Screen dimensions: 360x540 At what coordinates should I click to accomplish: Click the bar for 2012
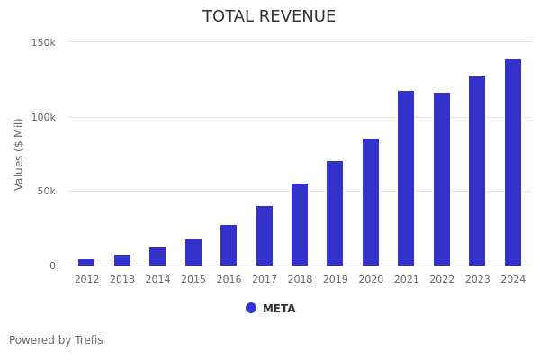tap(86, 262)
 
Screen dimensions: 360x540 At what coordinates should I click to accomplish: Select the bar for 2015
tap(193, 253)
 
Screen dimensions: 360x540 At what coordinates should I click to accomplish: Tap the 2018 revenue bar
tap(300, 225)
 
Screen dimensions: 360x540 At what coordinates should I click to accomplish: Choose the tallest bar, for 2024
tap(513, 163)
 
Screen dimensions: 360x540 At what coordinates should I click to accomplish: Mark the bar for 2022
tap(442, 179)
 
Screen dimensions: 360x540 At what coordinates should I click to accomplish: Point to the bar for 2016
tap(229, 246)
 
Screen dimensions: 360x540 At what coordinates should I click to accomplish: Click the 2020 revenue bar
tap(371, 202)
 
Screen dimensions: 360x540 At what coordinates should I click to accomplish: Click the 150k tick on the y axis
tap(43, 42)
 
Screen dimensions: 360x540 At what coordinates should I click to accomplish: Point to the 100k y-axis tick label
tap(43, 117)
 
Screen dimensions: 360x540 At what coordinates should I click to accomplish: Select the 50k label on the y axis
tap(46, 191)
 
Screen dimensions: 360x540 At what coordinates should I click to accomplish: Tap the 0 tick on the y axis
tap(52, 265)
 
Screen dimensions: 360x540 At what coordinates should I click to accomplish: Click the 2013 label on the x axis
tap(122, 280)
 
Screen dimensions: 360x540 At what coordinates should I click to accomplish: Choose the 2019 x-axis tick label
tap(335, 280)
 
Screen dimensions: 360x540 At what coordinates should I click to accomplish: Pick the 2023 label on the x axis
tap(477, 280)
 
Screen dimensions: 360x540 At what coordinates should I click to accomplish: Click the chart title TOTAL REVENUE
tap(269, 17)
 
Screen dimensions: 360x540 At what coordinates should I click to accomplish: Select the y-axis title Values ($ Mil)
tap(20, 154)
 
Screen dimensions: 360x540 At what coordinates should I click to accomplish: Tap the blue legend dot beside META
tap(251, 308)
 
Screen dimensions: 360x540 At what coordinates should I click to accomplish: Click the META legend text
tap(279, 309)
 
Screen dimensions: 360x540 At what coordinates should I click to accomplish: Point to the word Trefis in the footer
tap(88, 340)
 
